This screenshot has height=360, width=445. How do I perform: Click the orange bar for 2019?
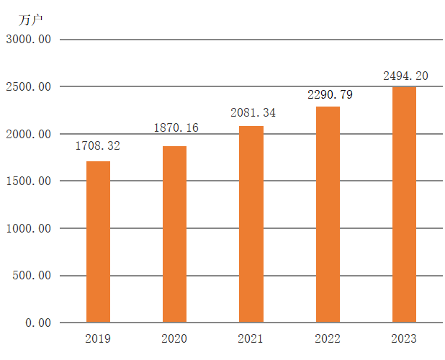coord(98,242)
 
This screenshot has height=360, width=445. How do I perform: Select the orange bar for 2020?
coord(174,234)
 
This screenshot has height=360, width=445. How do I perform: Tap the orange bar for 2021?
coord(251,224)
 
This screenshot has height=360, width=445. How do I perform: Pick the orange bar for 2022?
coord(328,215)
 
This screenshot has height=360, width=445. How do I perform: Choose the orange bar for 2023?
coord(404,204)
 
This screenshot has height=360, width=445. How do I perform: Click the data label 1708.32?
coord(98,146)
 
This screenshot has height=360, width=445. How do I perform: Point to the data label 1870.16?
coord(176,128)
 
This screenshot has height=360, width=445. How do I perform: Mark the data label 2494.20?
coord(405,75)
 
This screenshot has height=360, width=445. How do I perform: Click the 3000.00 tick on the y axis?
coord(28,40)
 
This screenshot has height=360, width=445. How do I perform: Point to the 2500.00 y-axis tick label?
coord(28,87)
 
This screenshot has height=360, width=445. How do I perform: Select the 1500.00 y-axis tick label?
coord(28,181)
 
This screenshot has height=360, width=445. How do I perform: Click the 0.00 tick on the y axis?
coord(38,323)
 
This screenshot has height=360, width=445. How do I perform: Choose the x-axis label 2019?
coord(98,338)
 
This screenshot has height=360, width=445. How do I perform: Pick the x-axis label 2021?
coord(251,338)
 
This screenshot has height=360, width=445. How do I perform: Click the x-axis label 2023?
coord(404,338)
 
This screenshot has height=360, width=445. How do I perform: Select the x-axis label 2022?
coord(328,338)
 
